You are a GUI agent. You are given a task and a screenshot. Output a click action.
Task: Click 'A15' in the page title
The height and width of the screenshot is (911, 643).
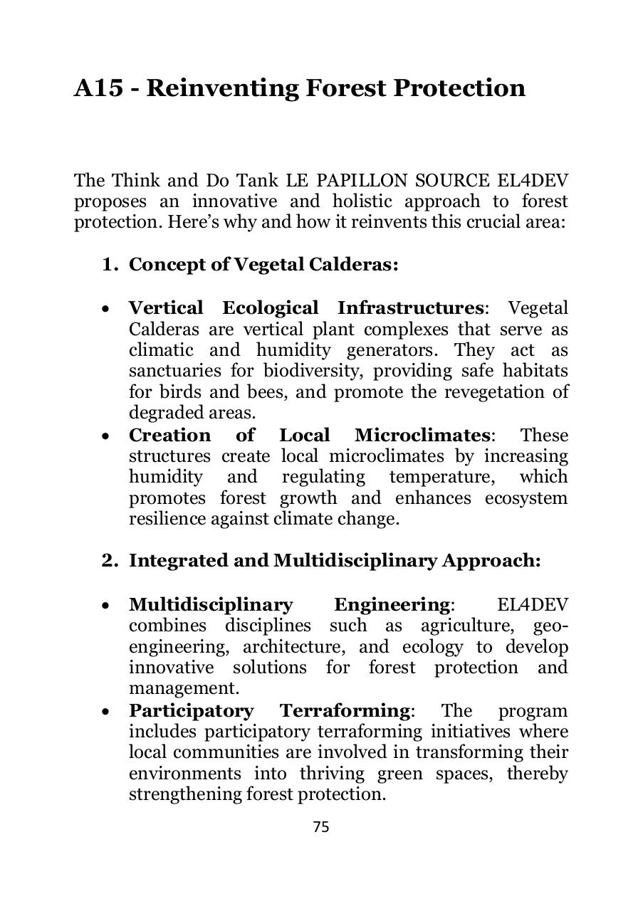98,88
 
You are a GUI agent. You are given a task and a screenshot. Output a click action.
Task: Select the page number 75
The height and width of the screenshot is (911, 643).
321,827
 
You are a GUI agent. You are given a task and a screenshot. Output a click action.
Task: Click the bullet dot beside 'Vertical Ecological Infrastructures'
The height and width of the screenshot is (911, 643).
105,310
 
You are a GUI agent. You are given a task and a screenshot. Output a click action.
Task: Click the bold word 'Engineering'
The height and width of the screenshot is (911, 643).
391,605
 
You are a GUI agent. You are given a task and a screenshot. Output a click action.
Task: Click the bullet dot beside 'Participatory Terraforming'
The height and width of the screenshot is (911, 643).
105,712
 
